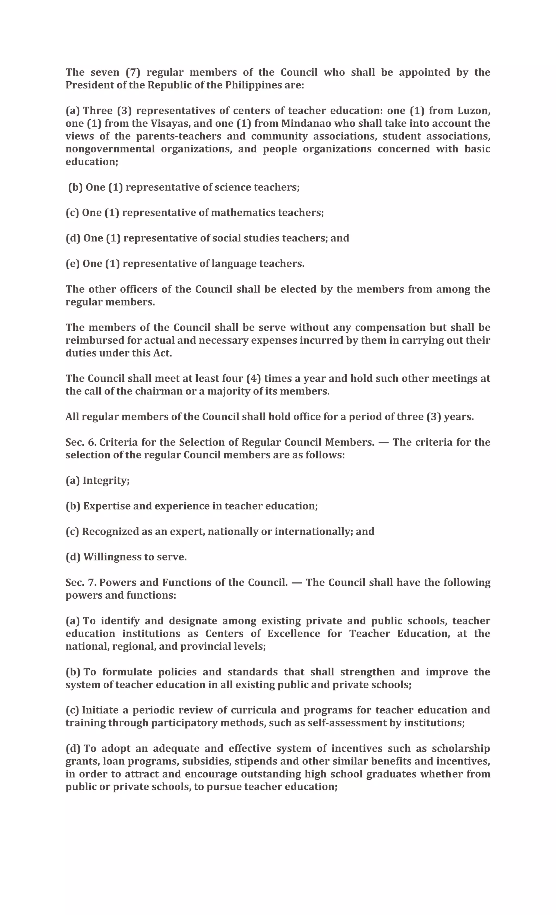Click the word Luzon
pyautogui.click(x=473, y=111)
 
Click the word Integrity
pyautogui.click(x=106, y=480)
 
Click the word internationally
pyautogui.click(x=313, y=531)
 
